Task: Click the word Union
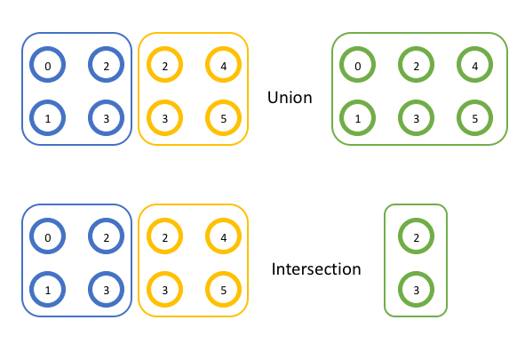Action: click(290, 97)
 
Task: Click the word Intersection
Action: click(316, 268)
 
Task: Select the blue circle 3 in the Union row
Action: click(105, 116)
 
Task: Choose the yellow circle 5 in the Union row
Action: click(222, 116)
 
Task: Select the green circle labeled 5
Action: click(474, 116)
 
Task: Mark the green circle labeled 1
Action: click(357, 116)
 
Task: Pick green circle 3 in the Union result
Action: click(416, 116)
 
